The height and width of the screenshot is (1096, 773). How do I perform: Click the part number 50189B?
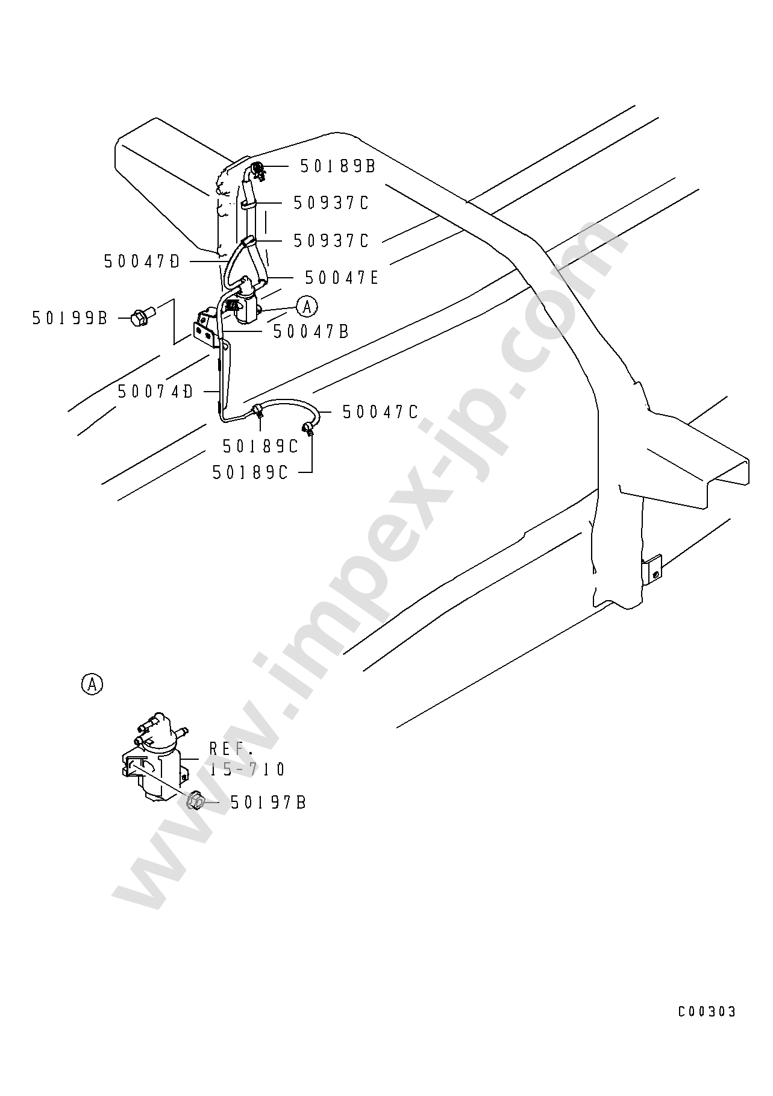(337, 166)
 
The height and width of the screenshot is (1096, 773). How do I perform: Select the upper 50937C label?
(331, 203)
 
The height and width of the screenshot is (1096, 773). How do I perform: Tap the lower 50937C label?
(331, 240)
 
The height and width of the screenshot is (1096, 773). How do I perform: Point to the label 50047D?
(142, 261)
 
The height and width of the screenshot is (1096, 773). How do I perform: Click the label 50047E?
(342, 278)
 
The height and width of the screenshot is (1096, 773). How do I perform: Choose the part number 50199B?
(69, 318)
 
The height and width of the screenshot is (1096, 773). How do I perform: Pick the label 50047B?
(311, 331)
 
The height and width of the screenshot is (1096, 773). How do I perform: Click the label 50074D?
(155, 392)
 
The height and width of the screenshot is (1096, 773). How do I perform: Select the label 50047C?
(380, 412)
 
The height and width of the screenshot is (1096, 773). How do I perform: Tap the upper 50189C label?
(260, 446)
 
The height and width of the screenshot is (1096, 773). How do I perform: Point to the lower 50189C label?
(250, 473)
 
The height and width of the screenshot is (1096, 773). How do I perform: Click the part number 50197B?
(268, 803)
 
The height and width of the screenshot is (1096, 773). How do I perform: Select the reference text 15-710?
(247, 769)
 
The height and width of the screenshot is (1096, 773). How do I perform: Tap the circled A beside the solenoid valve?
(307, 307)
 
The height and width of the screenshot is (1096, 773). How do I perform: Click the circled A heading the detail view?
(92, 684)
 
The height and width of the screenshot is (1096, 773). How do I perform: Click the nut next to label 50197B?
(196, 801)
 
